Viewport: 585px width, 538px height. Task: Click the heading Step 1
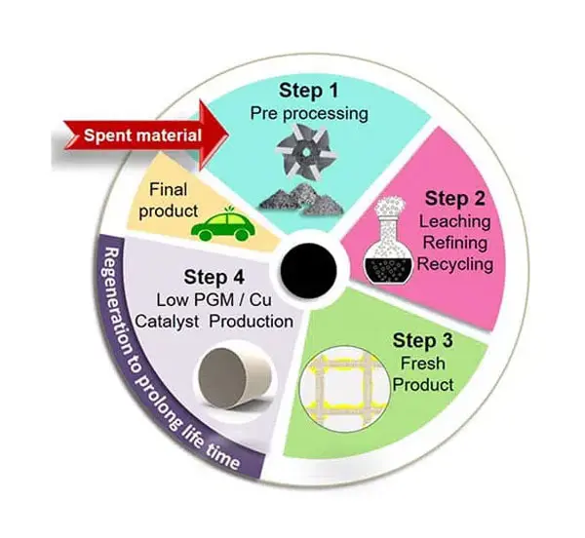pos(308,91)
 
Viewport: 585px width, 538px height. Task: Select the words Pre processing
pos(309,113)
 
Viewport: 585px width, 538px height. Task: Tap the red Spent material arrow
pos(145,134)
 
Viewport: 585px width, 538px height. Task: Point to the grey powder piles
pos(301,200)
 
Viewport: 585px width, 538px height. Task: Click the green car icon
pos(223,224)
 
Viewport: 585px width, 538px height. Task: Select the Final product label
pos(169,201)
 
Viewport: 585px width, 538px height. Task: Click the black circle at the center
pos(308,271)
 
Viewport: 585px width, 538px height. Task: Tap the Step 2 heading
pos(454,199)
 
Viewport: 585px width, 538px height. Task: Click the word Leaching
pos(454,221)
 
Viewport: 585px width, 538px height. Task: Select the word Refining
pos(455,243)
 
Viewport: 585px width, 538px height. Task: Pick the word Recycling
pos(455,264)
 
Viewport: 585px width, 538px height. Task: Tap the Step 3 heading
pos(423,340)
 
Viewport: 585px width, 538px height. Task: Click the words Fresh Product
pos(423,374)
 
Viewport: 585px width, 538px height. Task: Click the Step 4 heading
pos(214,278)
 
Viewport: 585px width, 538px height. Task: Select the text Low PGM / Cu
pos(214,300)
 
